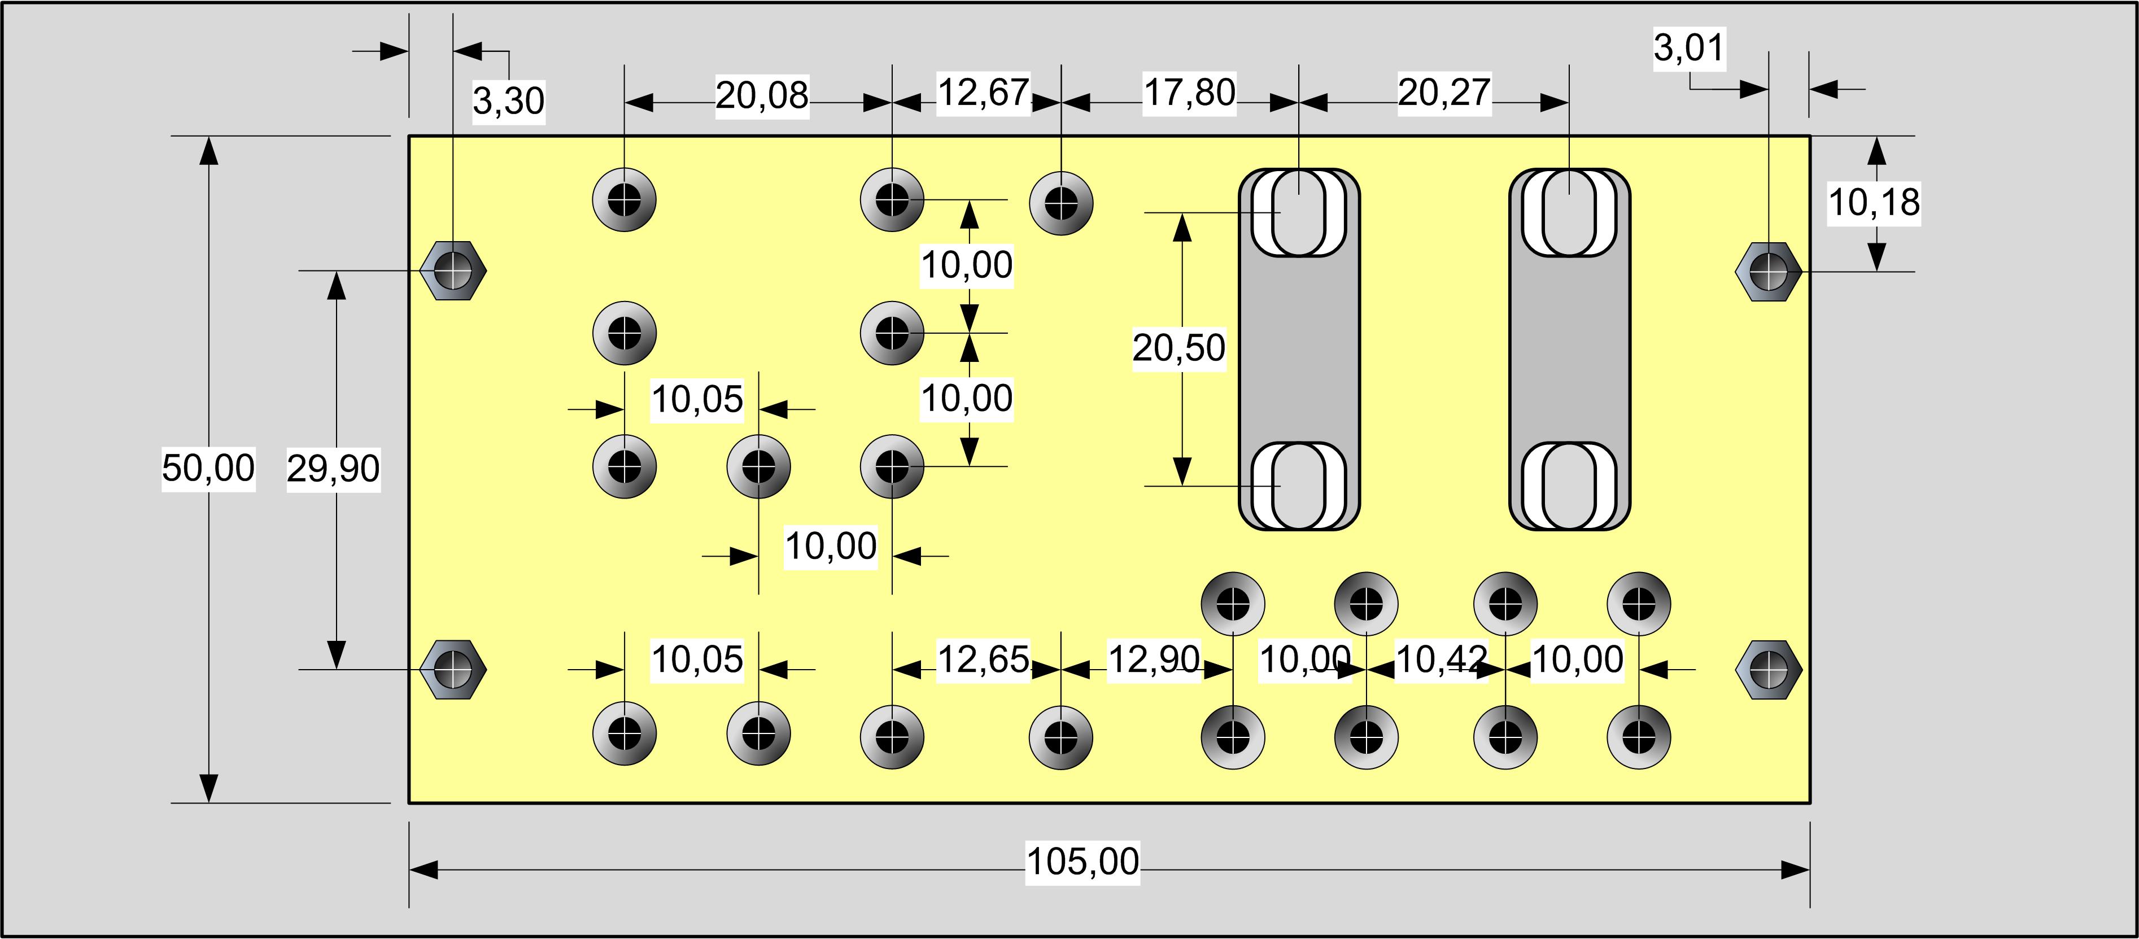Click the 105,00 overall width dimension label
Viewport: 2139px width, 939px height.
(1083, 862)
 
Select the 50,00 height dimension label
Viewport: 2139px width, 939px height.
(208, 468)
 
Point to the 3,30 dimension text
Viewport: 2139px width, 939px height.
(509, 101)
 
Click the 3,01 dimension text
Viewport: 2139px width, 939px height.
(1690, 47)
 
